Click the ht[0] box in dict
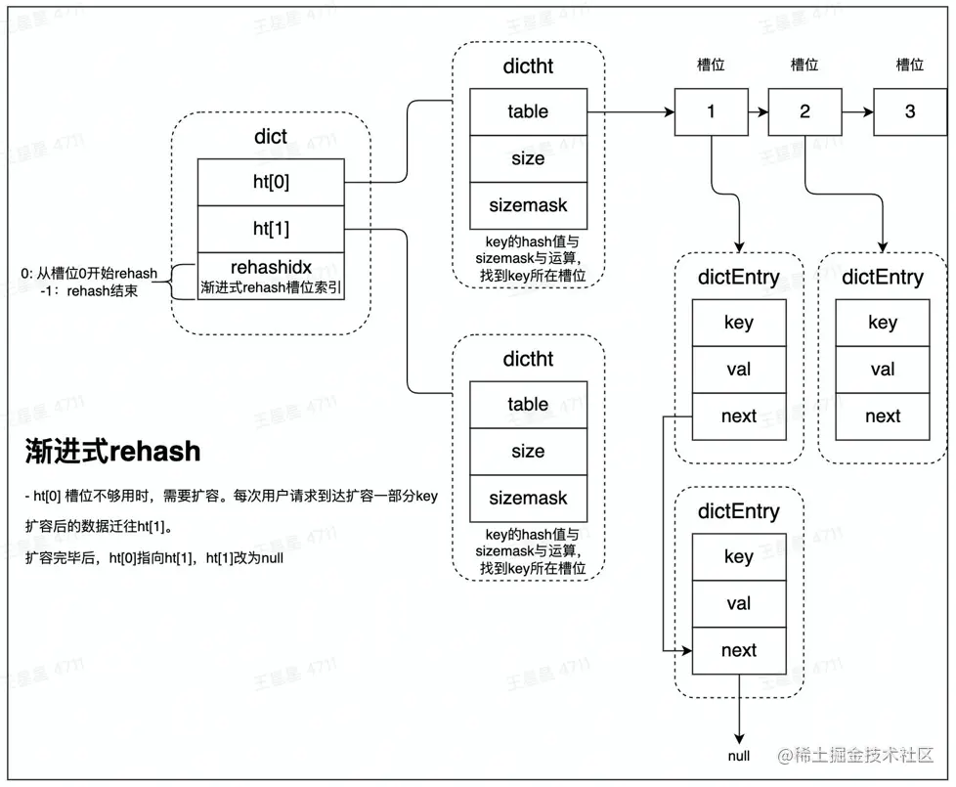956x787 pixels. click(x=271, y=182)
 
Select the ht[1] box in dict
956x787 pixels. click(x=271, y=229)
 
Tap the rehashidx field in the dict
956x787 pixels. click(x=271, y=276)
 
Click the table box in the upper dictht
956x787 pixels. click(x=528, y=112)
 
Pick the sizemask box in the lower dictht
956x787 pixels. click(x=528, y=499)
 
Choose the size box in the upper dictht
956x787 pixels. click(x=528, y=159)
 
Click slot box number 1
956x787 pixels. click(x=711, y=112)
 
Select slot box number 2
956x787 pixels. click(x=804, y=112)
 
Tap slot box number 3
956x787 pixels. click(x=910, y=112)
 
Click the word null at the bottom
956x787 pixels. click(x=739, y=756)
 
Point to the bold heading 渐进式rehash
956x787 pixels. click(x=112, y=452)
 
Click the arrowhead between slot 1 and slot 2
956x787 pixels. click(x=762, y=112)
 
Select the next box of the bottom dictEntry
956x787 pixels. click(x=739, y=651)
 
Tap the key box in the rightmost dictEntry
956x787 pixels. click(x=883, y=323)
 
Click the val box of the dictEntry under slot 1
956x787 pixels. click(x=739, y=370)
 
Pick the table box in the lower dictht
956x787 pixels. click(x=528, y=405)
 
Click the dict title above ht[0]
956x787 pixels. click(x=271, y=137)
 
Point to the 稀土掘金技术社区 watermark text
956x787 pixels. click(x=855, y=756)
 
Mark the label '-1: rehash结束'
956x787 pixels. click(x=89, y=291)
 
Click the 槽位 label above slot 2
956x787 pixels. click(x=804, y=65)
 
